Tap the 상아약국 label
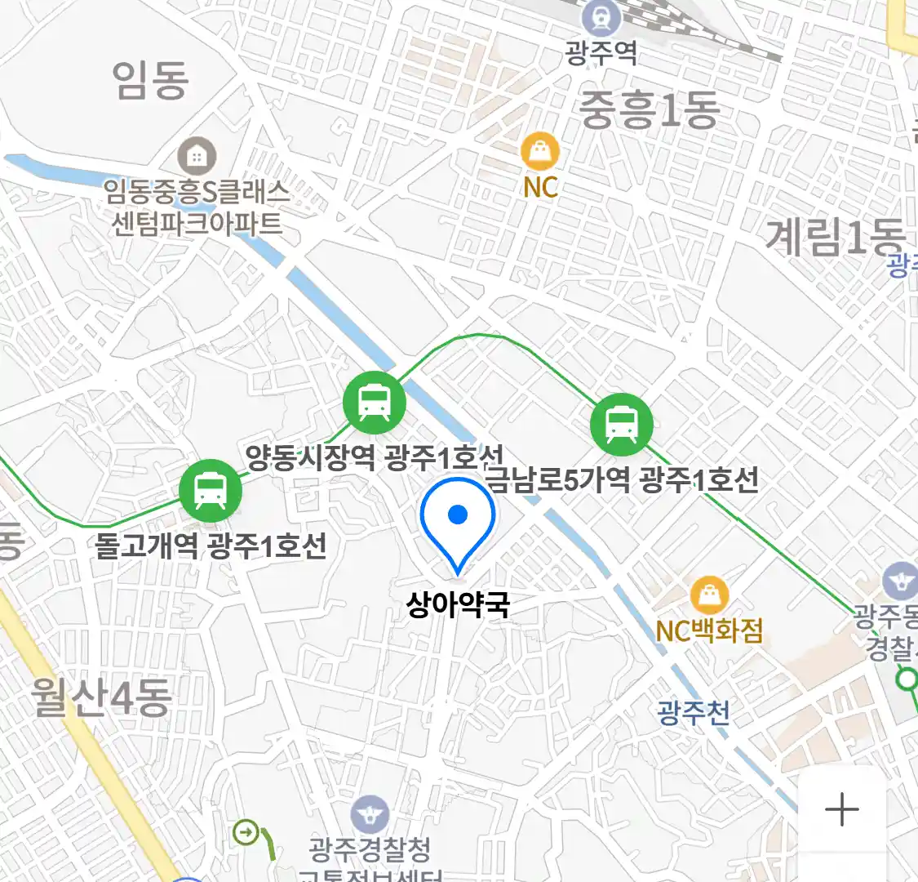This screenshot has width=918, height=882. (x=458, y=605)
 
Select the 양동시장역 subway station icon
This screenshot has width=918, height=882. (x=374, y=402)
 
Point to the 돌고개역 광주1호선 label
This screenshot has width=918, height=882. (x=211, y=546)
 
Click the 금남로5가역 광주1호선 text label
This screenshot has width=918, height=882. (x=623, y=479)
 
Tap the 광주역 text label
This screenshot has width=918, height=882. (x=602, y=54)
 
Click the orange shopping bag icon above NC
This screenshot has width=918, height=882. (x=540, y=151)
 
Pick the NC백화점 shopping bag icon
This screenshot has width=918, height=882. (x=709, y=595)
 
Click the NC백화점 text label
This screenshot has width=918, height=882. (x=709, y=630)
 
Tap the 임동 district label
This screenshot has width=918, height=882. (x=151, y=80)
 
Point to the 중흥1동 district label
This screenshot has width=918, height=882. (x=650, y=110)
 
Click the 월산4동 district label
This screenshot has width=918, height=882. (x=101, y=697)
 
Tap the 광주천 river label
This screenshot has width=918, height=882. (x=694, y=713)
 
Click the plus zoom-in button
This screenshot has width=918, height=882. (x=841, y=809)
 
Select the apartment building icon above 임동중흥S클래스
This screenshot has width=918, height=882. (x=197, y=155)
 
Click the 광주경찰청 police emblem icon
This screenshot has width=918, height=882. (x=370, y=815)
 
